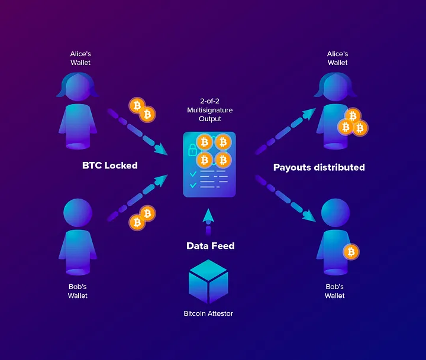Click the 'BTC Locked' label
tap(110, 166)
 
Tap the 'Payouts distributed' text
tap(319, 167)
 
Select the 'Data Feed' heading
tap(211, 246)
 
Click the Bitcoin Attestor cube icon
tap(208, 282)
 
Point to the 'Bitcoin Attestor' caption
tap(208, 313)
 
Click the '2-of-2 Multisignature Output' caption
tap(209, 111)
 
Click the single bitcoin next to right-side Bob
tap(351, 252)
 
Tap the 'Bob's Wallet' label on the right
tap(334, 291)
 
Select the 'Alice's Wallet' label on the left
tap(80, 58)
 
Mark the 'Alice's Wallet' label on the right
tap(337, 58)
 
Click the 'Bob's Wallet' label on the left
tap(78, 291)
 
